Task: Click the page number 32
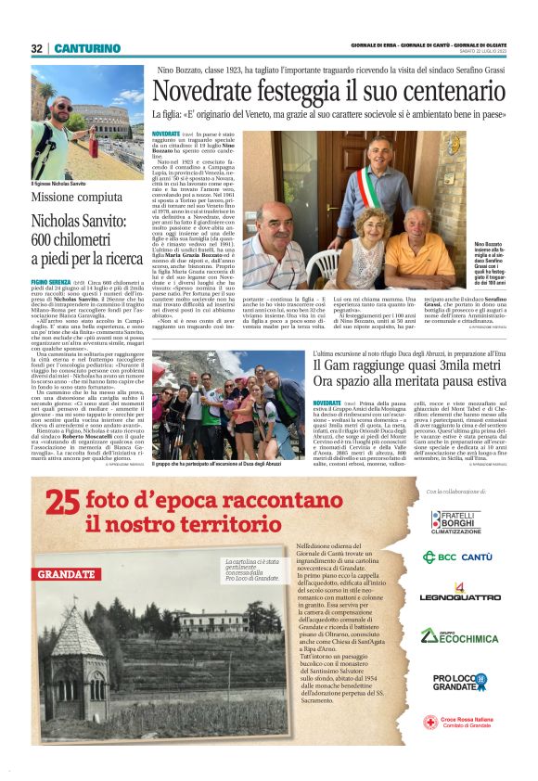pyautogui.click(x=36, y=48)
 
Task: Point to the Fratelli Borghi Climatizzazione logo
pyautogui.click(x=455, y=522)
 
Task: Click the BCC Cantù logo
pyautogui.click(x=456, y=557)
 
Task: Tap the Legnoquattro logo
pyautogui.click(x=456, y=594)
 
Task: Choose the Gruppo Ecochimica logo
pyautogui.click(x=456, y=635)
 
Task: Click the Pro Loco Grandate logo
pyautogui.click(x=456, y=683)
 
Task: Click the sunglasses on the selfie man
pyautogui.click(x=63, y=109)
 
